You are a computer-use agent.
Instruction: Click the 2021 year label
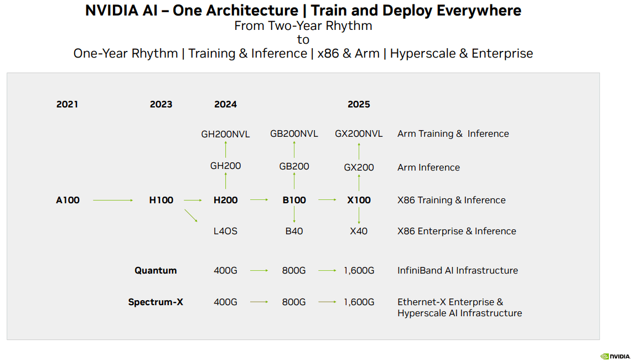[x=67, y=104]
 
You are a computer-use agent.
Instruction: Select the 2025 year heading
[x=359, y=104]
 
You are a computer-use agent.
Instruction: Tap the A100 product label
[x=68, y=200]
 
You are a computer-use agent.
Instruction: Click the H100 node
[x=161, y=200]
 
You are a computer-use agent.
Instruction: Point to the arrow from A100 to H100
[x=113, y=200]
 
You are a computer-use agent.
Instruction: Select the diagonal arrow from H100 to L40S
[x=191, y=215]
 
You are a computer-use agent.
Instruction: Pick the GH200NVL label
[x=225, y=134]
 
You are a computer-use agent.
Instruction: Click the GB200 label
[x=294, y=167]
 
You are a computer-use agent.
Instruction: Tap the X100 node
[x=359, y=200]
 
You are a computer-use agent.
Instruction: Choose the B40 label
[x=294, y=231]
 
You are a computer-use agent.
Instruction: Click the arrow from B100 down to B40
[x=294, y=215]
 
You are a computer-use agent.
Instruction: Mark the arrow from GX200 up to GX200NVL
[x=359, y=151]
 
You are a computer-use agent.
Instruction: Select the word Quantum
[x=156, y=271]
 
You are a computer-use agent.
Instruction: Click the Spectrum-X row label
[x=156, y=302]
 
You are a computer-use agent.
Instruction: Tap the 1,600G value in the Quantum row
[x=359, y=271]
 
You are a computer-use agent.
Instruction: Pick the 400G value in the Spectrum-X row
[x=225, y=302]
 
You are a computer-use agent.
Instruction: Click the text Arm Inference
[x=428, y=167]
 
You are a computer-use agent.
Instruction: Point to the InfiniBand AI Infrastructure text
[x=458, y=271]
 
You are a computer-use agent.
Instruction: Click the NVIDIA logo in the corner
[x=615, y=356]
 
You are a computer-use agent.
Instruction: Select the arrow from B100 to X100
[x=327, y=200]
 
